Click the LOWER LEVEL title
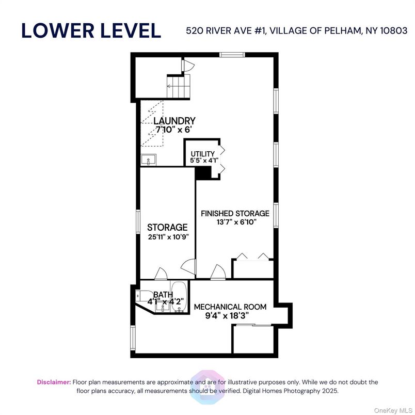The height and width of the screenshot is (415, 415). (x=91, y=30)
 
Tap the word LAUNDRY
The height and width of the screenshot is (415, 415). (x=174, y=121)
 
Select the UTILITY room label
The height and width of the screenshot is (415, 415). (x=202, y=154)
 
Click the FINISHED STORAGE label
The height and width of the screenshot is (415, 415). (x=235, y=213)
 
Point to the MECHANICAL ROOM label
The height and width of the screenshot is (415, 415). (x=230, y=307)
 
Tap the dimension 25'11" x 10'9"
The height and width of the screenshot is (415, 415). (x=167, y=237)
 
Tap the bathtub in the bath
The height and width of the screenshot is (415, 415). (x=179, y=298)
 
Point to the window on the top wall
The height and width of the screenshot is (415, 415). (x=231, y=55)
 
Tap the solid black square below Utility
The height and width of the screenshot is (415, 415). (x=202, y=173)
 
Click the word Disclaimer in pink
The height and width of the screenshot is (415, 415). (x=54, y=382)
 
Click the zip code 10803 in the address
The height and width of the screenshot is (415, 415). (x=393, y=30)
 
